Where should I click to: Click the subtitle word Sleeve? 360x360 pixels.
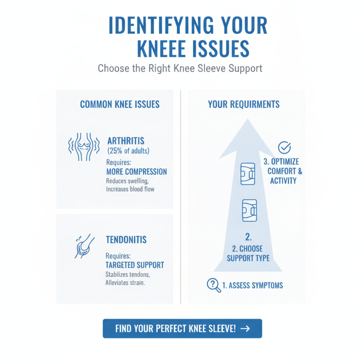click(211, 68)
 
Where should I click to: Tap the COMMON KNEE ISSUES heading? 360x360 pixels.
click(120, 104)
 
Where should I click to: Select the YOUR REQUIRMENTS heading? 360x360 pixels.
click(243, 104)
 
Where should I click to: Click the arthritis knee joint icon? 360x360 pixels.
click(84, 147)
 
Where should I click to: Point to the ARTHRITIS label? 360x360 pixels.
click(126, 141)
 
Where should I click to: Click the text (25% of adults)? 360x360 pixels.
click(128, 151)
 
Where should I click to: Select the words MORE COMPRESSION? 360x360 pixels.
click(137, 172)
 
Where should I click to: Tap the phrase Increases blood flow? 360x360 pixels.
click(130, 189)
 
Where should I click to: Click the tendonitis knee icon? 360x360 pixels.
click(84, 246)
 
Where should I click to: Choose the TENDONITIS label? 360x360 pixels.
click(126, 240)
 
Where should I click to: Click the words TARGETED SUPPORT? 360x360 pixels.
click(135, 265)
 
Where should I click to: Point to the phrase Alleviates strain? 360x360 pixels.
click(125, 283)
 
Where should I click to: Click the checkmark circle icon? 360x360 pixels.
click(284, 148)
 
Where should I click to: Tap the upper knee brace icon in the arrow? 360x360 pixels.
click(248, 174)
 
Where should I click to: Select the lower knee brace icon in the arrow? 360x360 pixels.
click(250, 210)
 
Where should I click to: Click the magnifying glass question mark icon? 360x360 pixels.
click(214, 285)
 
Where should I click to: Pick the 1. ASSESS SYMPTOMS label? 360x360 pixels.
click(252, 285)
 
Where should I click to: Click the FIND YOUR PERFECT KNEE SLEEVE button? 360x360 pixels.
click(182, 328)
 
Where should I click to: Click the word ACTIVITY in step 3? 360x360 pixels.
click(283, 181)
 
